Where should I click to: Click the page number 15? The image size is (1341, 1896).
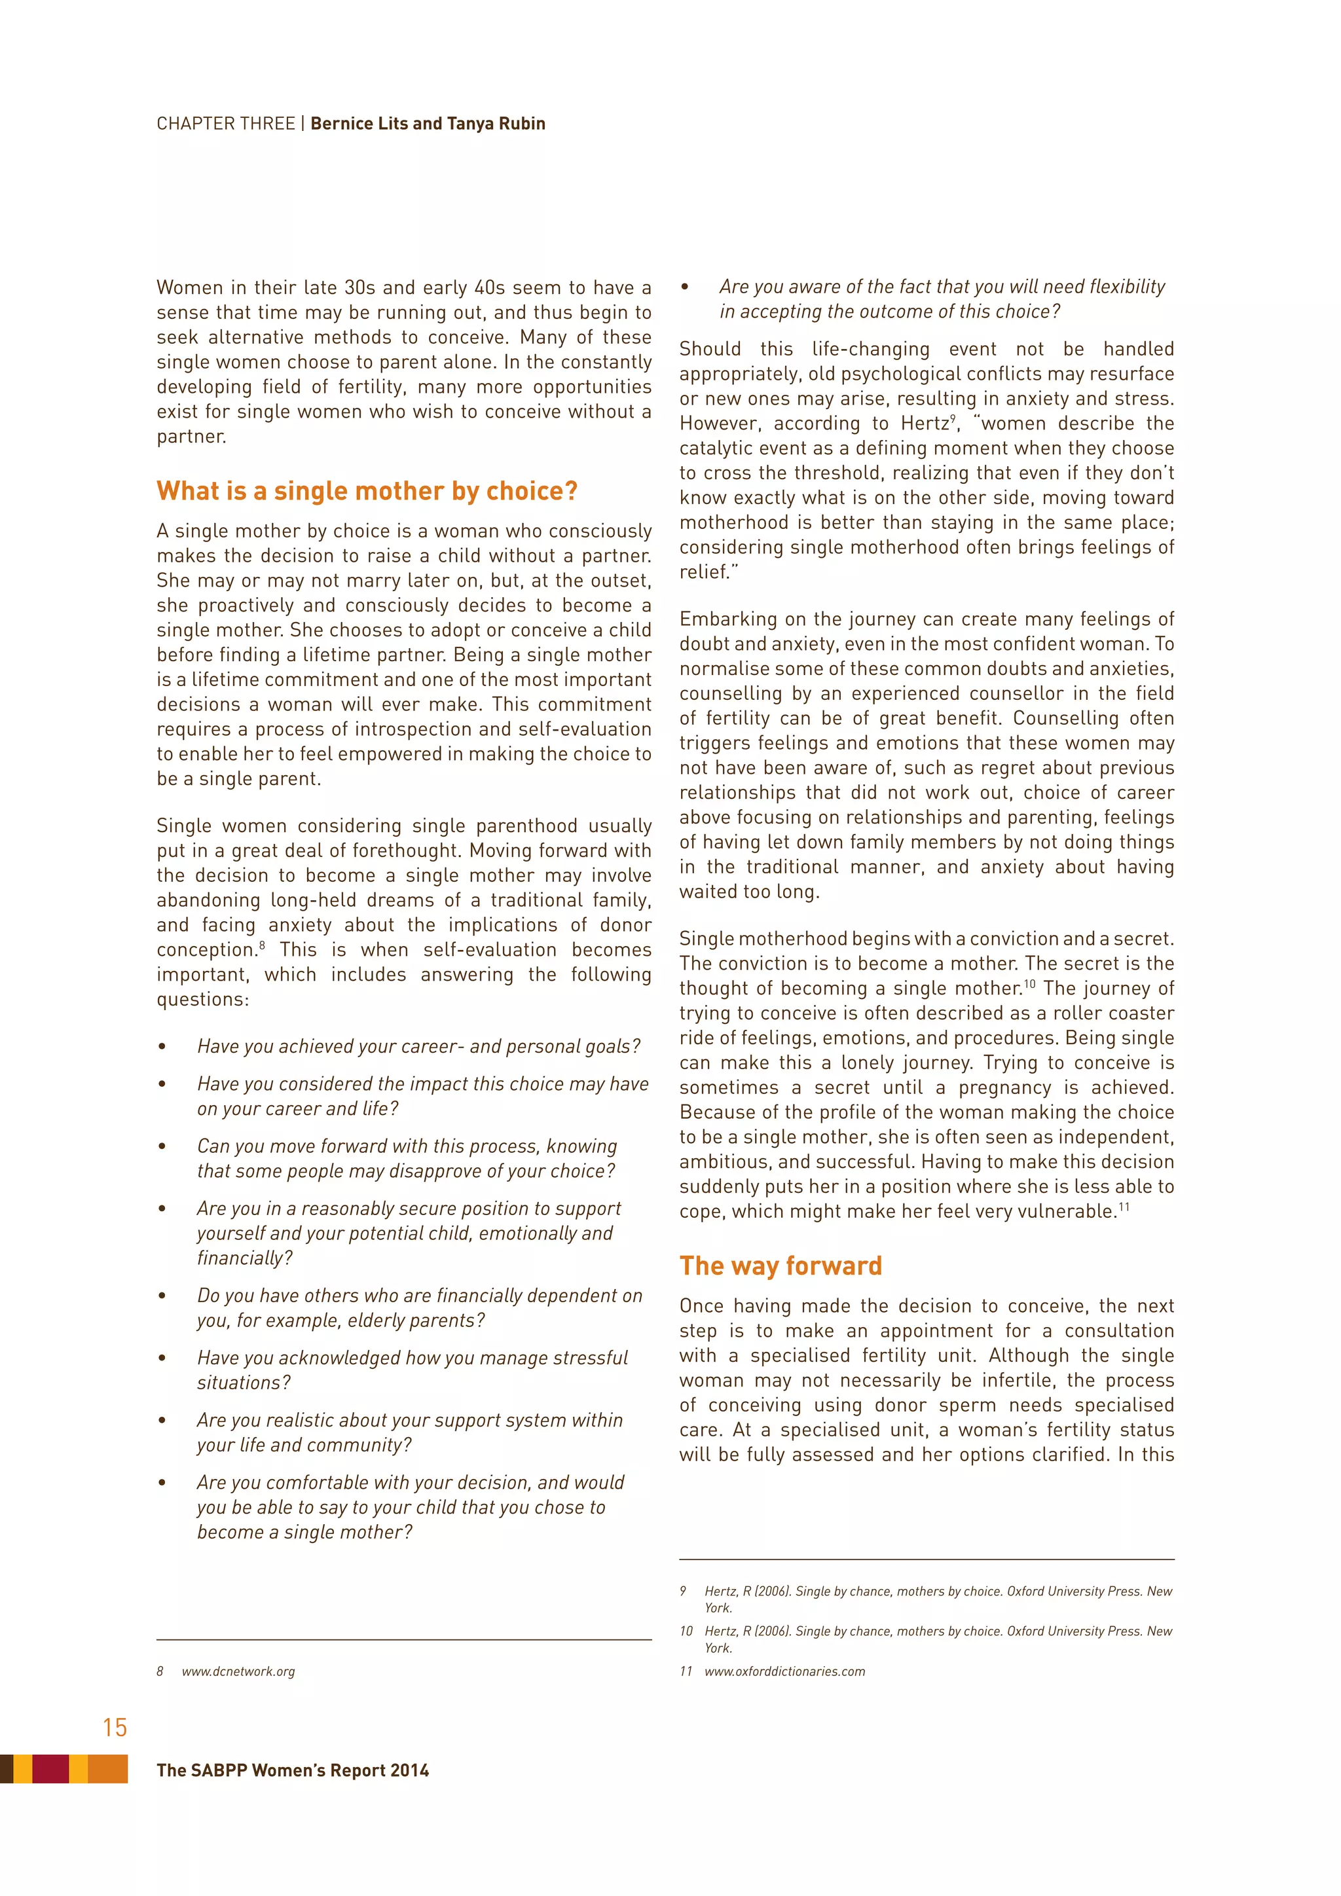115,1726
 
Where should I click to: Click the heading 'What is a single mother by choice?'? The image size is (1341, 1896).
367,491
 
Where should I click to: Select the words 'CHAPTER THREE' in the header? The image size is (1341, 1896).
225,124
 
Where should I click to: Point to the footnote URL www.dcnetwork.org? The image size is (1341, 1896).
238,1671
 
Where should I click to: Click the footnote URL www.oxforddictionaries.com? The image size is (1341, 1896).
784,1671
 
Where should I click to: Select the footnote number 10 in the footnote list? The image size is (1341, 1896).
686,1631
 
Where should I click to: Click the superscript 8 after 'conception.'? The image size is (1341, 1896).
262,945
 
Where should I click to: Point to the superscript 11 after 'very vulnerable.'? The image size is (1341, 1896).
1124,1207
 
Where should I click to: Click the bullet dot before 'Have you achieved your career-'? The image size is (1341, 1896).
162,1047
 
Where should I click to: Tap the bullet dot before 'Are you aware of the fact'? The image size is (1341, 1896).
684,287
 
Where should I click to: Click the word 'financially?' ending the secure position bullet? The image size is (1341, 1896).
244,1258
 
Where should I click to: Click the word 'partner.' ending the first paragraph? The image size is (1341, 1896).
190,437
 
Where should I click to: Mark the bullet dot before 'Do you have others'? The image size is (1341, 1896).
162,1296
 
